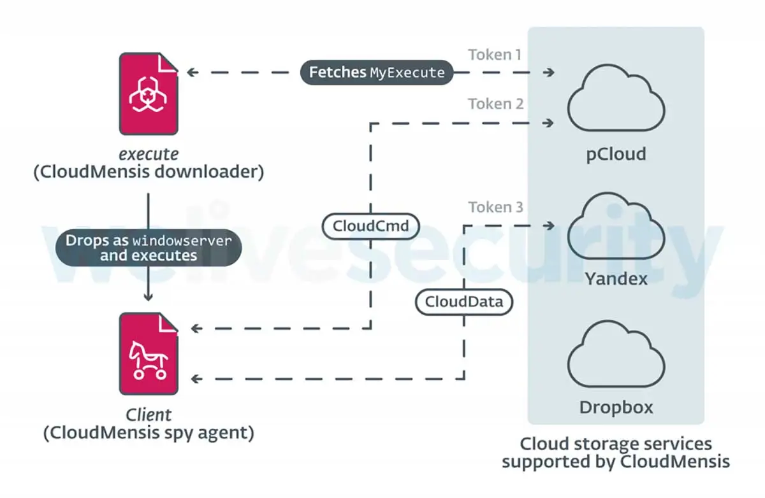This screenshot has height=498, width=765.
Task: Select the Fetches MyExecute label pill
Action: point(377,73)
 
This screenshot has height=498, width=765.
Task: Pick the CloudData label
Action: point(464,302)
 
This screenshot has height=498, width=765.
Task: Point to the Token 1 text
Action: point(495,55)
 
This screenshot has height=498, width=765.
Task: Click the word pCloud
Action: point(616,153)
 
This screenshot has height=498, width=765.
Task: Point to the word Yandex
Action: point(616,278)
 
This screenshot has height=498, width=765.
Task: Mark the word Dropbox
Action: point(616,407)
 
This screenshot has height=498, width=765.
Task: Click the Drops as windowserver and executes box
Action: point(148,247)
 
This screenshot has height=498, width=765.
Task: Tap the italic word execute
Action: point(148,153)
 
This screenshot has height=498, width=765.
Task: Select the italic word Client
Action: point(148,415)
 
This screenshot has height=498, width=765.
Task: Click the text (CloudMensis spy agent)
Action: point(148,434)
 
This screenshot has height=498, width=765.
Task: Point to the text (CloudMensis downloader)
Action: point(148,172)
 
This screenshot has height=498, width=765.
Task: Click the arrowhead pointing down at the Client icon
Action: point(148,296)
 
